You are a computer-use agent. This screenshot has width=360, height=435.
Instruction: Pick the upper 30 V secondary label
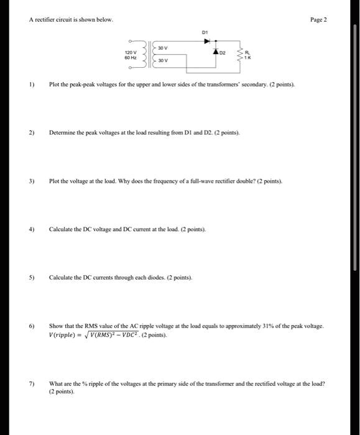[163, 48]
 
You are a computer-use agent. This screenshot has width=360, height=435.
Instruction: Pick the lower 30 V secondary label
[163, 62]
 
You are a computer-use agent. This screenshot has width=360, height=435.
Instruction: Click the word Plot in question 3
[55, 181]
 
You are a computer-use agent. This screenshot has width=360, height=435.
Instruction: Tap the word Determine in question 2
[64, 133]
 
